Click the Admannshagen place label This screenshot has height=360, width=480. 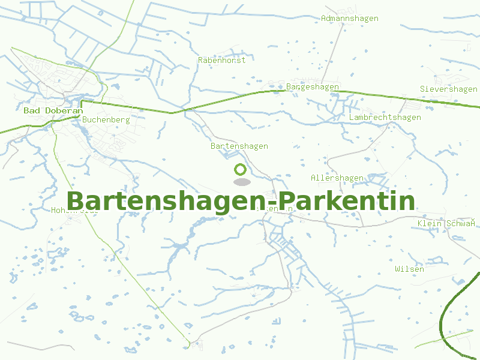click(349, 19)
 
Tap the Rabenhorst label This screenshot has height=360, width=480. click(221, 60)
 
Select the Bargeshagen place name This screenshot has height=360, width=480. click(312, 87)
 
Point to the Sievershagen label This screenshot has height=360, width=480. click(448, 89)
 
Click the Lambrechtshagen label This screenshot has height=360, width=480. click(385, 118)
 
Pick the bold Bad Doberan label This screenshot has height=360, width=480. click(53, 111)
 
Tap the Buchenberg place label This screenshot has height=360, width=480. click(106, 119)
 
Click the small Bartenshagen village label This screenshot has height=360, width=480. click(239, 146)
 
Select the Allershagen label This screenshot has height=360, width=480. click(337, 178)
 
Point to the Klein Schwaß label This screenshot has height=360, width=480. click(446, 224)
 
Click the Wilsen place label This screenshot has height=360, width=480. click(409, 269)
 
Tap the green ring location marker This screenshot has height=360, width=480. click(241, 170)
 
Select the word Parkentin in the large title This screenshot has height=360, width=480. click(347, 202)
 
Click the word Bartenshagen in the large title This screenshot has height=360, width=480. click(166, 202)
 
